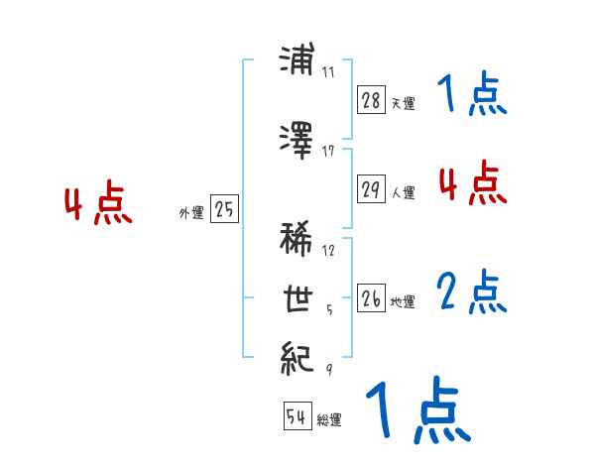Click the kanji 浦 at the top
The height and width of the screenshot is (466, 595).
(x=298, y=62)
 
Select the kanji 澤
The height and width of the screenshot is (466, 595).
(x=298, y=139)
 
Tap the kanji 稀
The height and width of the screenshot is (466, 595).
(x=298, y=239)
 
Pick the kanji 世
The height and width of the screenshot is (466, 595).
(x=298, y=297)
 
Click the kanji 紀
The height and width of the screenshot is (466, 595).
(x=298, y=355)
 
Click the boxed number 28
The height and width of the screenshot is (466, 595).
(x=371, y=100)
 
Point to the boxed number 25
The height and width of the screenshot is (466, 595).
(x=224, y=209)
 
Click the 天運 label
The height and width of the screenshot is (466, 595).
(x=403, y=103)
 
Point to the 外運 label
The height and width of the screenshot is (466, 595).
(x=190, y=212)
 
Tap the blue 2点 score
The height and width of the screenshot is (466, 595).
(x=472, y=292)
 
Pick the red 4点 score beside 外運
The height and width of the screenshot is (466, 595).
(x=97, y=205)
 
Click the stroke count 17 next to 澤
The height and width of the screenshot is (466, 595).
(x=328, y=151)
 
